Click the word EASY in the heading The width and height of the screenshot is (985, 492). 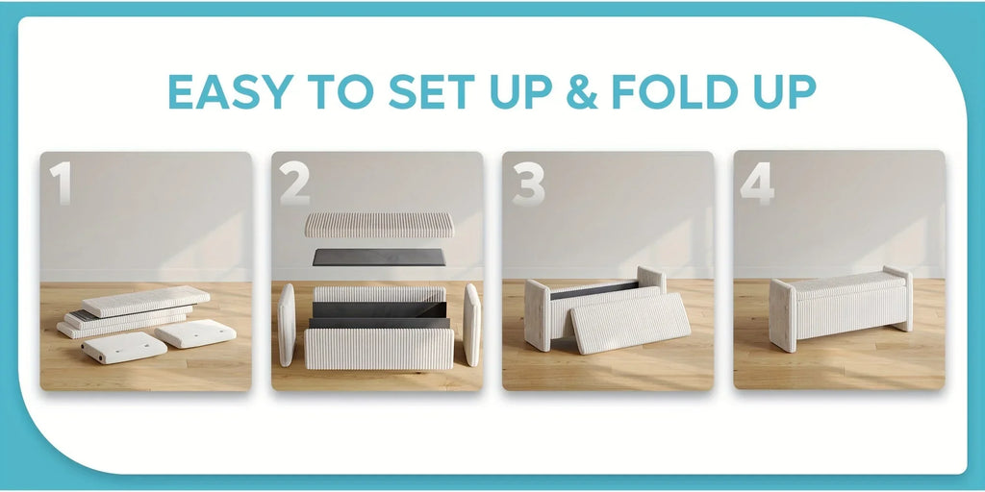pyautogui.click(x=231, y=91)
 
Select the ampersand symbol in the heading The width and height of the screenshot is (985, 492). pyautogui.click(x=582, y=91)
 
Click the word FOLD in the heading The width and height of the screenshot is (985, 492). pyautogui.click(x=675, y=91)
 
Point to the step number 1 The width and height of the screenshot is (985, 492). pyautogui.click(x=61, y=183)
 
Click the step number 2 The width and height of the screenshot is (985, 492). pyautogui.click(x=294, y=183)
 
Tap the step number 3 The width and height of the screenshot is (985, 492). pyautogui.click(x=528, y=183)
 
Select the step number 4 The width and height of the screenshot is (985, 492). pyautogui.click(x=757, y=183)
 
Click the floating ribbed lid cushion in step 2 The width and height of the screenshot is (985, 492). pyautogui.click(x=379, y=225)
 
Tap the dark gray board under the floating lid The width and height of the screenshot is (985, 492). pyautogui.click(x=379, y=258)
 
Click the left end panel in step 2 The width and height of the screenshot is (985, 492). pyautogui.click(x=287, y=325)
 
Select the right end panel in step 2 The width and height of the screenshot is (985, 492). pyautogui.click(x=471, y=325)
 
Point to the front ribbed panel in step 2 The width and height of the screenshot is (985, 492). pyautogui.click(x=379, y=349)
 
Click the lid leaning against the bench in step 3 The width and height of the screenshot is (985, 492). pyautogui.click(x=630, y=323)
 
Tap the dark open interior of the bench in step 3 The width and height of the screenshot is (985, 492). pyautogui.click(x=594, y=290)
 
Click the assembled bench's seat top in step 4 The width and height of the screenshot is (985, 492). pyautogui.click(x=840, y=283)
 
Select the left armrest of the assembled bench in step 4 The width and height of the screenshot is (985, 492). pyautogui.click(x=783, y=314)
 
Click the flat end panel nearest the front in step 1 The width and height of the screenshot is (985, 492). pyautogui.click(x=124, y=347)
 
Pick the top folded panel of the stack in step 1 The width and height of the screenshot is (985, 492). pyautogui.click(x=146, y=301)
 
